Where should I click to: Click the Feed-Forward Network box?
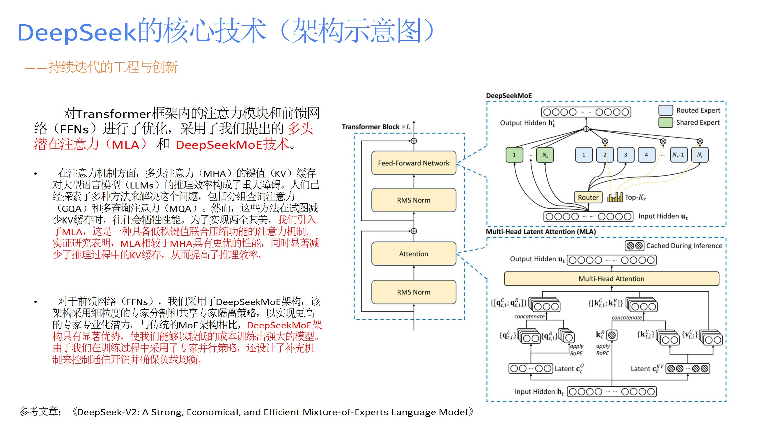click(x=413, y=163)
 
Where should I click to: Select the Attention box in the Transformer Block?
click(x=413, y=254)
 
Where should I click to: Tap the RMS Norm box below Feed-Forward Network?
click(x=413, y=200)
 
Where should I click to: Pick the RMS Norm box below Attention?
click(x=413, y=292)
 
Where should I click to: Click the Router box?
click(x=588, y=197)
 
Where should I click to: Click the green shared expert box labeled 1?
click(x=514, y=155)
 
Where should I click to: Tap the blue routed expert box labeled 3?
click(x=626, y=155)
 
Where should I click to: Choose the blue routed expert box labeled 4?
click(x=646, y=155)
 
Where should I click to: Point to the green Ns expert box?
click(x=545, y=155)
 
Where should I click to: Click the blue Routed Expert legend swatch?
click(x=665, y=110)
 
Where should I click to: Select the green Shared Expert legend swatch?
click(x=665, y=122)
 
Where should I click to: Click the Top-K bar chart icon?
click(x=615, y=197)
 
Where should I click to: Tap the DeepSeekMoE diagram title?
click(x=509, y=96)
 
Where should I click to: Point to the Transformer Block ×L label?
click(x=376, y=127)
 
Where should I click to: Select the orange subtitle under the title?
click(x=101, y=67)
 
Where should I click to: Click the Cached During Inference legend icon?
click(x=634, y=246)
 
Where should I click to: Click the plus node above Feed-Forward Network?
click(x=414, y=141)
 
